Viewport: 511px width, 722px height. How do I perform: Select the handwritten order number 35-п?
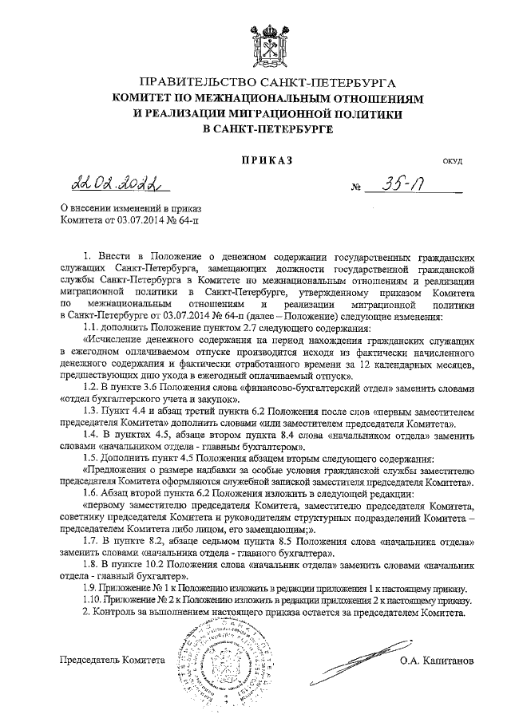click(x=408, y=185)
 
